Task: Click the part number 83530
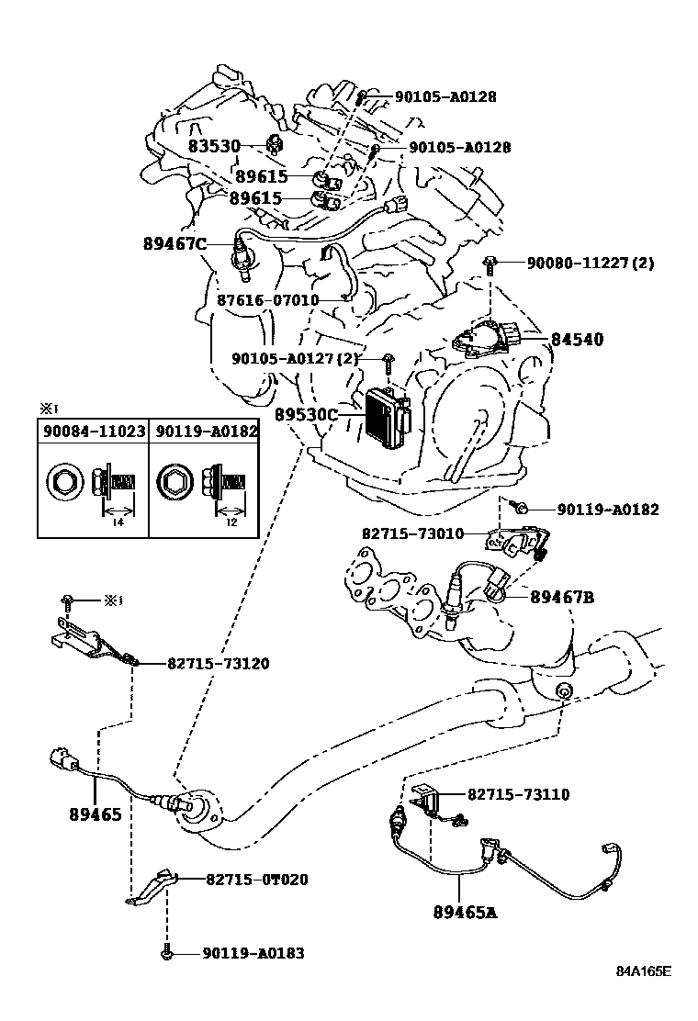tap(214, 146)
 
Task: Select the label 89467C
tap(174, 243)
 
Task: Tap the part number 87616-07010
tap(267, 300)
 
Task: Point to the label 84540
tap(577, 339)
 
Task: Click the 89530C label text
tap(306, 414)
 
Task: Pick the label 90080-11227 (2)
tap(591, 264)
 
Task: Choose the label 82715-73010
tap(412, 534)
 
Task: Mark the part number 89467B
tap(562, 597)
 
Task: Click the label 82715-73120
tap(219, 664)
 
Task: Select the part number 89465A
tap(465, 913)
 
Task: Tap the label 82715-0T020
tap(257, 880)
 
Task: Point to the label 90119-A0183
tap(253, 953)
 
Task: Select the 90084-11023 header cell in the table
tap(95, 431)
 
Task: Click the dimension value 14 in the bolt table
tap(118, 522)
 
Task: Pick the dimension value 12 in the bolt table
tap(231, 522)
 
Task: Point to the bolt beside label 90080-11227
tap(489, 264)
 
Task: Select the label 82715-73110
tap(518, 794)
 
